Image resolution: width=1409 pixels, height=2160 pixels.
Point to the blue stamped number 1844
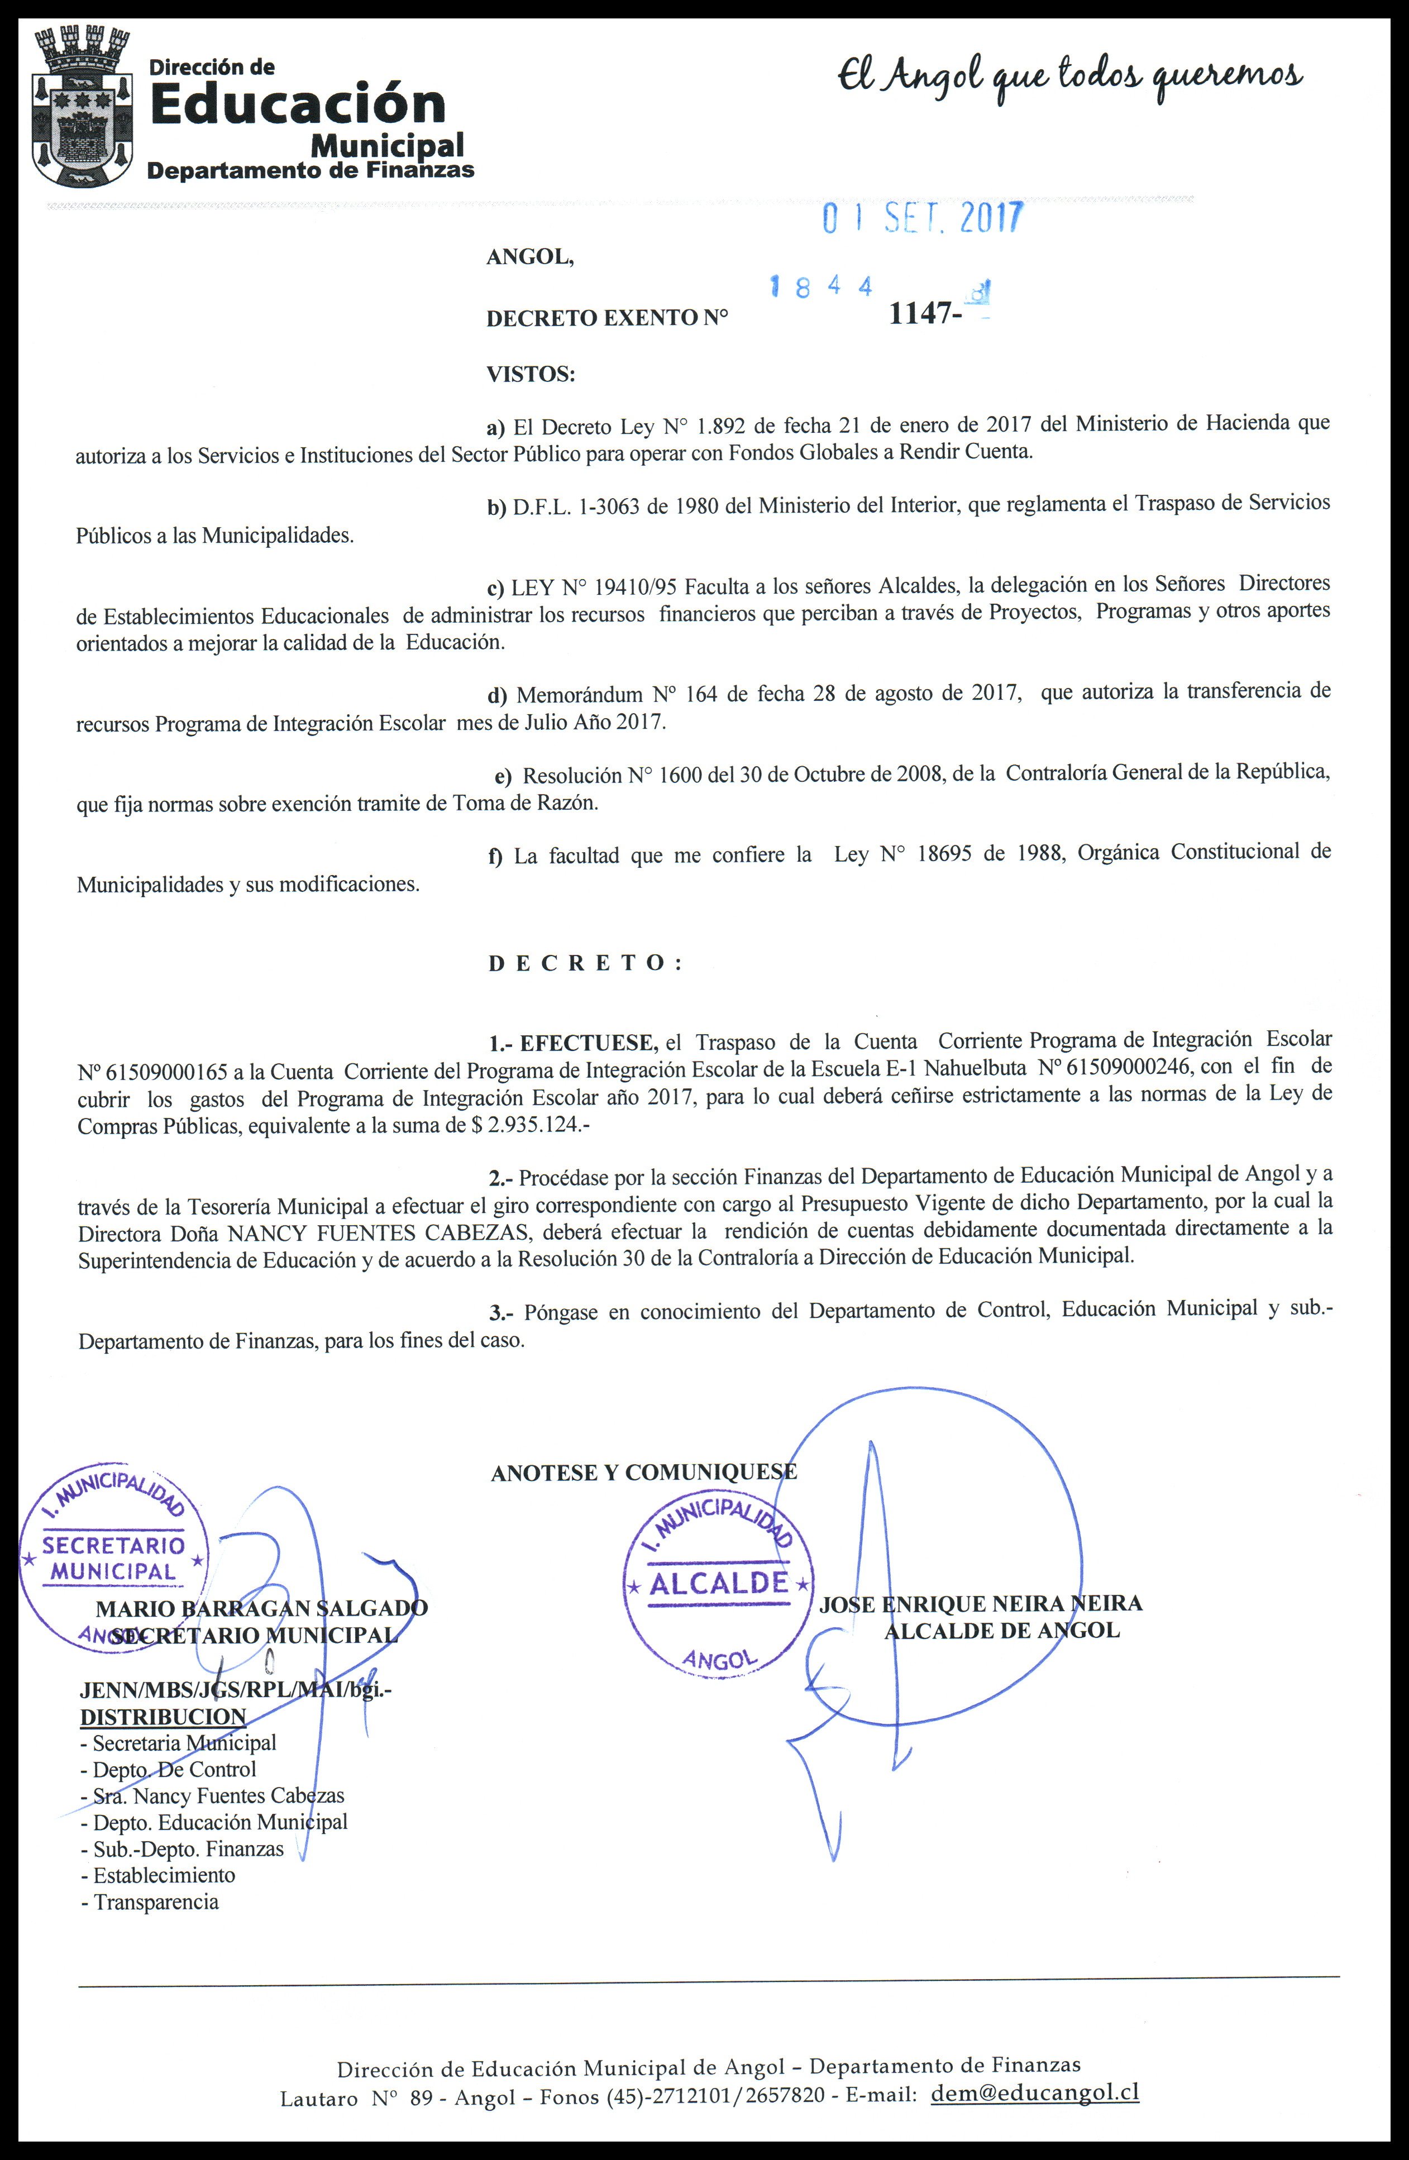[821, 288]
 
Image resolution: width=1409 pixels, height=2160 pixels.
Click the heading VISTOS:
[531, 374]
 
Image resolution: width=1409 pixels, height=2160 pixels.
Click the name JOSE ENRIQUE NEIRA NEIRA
[981, 1604]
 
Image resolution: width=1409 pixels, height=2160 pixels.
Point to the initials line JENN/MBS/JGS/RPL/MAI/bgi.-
[236, 1691]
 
